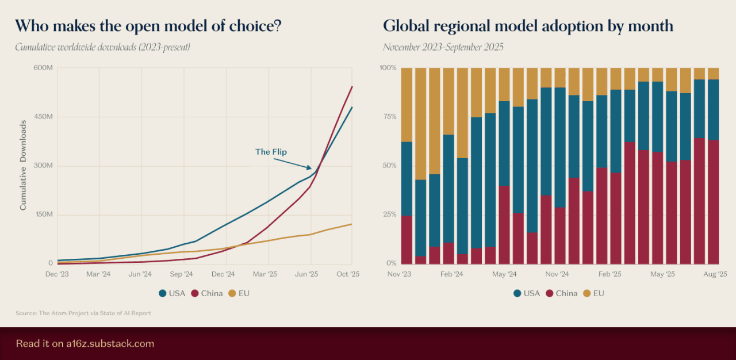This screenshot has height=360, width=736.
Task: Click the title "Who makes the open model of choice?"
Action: coord(148,26)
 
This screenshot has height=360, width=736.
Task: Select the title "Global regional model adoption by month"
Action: coord(528,26)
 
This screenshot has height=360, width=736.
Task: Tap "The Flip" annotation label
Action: coord(271,152)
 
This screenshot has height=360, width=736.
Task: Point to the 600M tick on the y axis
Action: coord(43,68)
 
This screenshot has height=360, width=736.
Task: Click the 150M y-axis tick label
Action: coord(43,215)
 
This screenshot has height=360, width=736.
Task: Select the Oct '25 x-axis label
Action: coord(347,274)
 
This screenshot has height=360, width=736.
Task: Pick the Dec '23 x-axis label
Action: coord(57,274)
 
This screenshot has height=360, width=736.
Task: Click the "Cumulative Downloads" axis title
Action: coord(24,166)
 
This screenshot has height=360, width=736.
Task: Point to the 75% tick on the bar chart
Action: coord(389,117)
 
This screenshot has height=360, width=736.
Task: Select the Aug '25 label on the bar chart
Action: coord(716,274)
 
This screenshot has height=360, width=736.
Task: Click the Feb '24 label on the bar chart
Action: coord(451,274)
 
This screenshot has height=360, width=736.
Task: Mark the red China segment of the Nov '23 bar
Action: coord(407,239)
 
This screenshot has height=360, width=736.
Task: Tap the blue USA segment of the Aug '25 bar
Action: coord(713,109)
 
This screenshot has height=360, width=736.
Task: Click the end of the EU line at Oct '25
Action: coord(351,224)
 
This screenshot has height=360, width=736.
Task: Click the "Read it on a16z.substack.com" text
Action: coord(85,344)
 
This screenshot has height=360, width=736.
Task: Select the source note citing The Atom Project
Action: coord(83,313)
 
